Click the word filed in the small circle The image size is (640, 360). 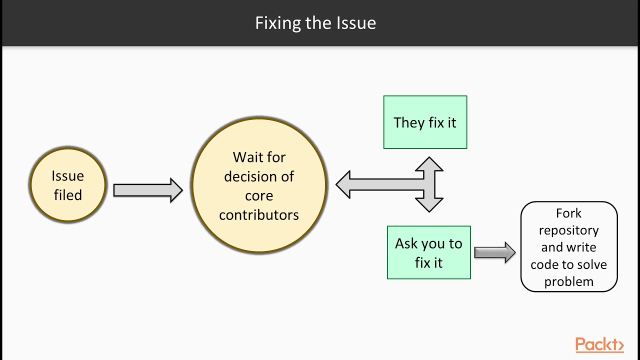67,195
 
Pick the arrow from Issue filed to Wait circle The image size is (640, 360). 148,190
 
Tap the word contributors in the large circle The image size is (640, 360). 259,215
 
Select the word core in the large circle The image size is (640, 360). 259,195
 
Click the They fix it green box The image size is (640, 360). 425,122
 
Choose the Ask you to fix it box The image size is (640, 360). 428,252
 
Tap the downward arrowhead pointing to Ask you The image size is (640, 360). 429,204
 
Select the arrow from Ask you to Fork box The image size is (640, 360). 494,252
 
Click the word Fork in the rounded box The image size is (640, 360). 568,213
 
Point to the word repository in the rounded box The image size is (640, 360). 568,230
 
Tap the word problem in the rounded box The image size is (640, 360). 568,281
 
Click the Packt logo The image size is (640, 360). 599,344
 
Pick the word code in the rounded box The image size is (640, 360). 544,264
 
